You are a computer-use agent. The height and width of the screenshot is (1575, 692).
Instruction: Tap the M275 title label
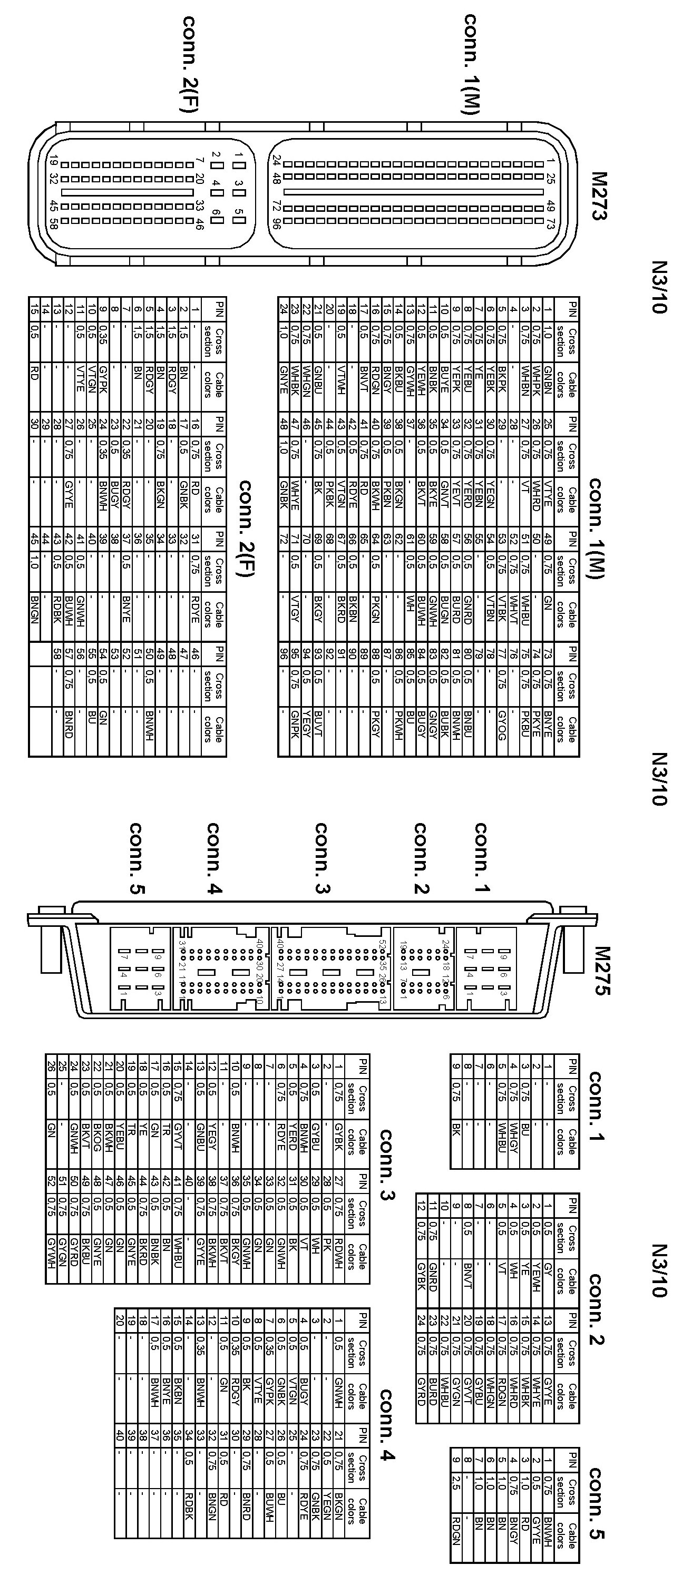(x=601, y=971)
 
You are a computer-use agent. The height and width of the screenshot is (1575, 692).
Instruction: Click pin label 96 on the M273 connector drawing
(x=277, y=224)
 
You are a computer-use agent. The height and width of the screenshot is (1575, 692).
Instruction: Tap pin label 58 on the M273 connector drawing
(x=53, y=223)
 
